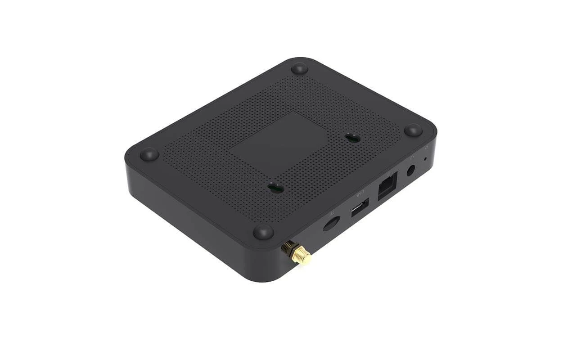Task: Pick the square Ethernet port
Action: point(387,184)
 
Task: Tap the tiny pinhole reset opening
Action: point(426,159)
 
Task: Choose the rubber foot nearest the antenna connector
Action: point(263,231)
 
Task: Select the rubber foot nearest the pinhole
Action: point(413,130)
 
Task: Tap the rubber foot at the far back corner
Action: point(299,68)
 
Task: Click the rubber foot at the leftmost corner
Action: point(149,154)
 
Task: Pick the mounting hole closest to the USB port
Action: point(276,188)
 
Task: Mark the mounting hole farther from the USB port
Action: point(352,138)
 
